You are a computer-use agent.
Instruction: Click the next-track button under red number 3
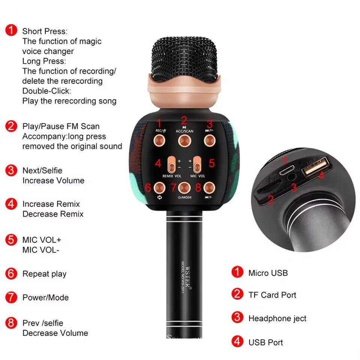(x=210, y=140)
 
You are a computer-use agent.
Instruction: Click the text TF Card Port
(x=272, y=295)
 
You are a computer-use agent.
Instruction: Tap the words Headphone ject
(x=277, y=318)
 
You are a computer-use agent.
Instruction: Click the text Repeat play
(x=44, y=274)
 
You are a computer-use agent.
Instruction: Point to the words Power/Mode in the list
(x=45, y=297)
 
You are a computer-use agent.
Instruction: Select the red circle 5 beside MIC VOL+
(x=12, y=239)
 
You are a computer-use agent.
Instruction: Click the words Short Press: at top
(x=45, y=31)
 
